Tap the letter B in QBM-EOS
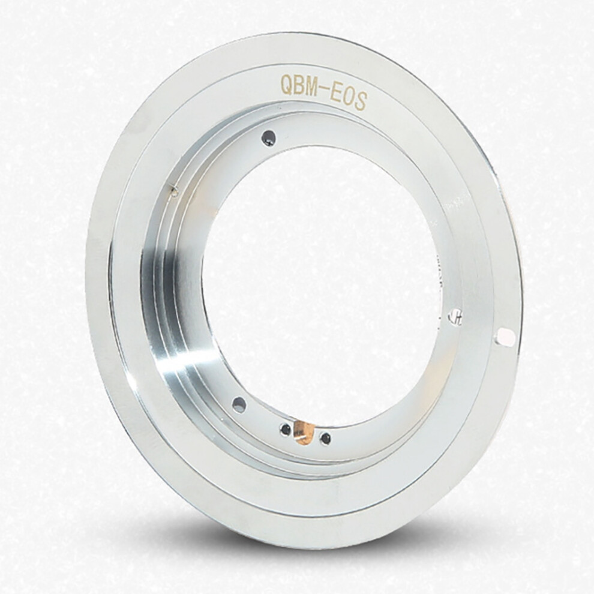click(302, 86)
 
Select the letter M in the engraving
click(317, 88)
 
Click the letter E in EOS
click(341, 93)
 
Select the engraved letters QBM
click(302, 86)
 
